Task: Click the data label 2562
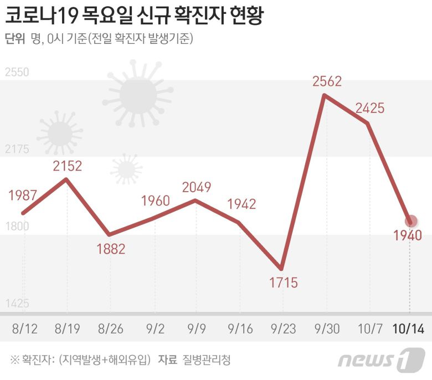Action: coord(327,81)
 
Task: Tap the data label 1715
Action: coord(284,283)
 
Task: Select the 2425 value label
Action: coord(369,109)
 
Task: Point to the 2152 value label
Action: coord(68,166)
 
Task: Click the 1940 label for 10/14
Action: coord(409,235)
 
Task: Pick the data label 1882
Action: coord(111,249)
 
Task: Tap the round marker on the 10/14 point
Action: coord(410,222)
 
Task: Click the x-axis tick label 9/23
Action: coord(284,329)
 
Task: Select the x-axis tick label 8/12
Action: coord(24,329)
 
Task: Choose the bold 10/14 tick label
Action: coord(408,329)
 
